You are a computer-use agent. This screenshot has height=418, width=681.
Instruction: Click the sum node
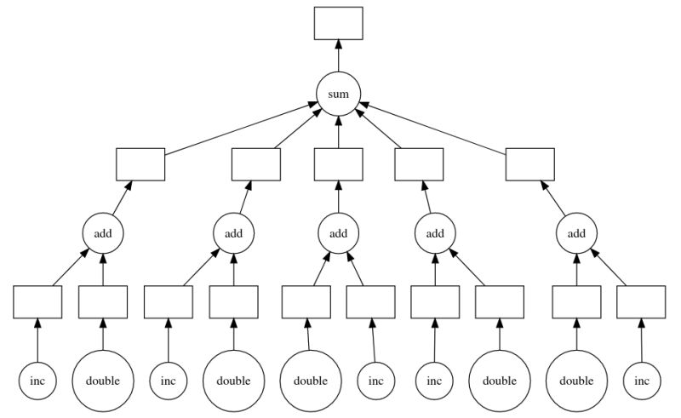coord(338,93)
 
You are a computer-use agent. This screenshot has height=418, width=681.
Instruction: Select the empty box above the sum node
coord(338,23)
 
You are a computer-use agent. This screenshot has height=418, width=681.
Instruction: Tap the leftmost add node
coord(103,232)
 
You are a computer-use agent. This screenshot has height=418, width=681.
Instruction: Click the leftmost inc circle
coord(37,381)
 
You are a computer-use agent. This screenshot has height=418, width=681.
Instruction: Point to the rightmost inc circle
coord(641,381)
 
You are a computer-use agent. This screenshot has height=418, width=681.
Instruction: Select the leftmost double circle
coord(103,381)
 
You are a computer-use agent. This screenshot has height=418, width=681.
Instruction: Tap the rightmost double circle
coord(576,381)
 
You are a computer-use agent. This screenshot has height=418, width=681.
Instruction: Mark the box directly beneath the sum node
coord(338,163)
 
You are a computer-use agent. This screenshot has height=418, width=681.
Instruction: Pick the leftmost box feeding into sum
coord(140,163)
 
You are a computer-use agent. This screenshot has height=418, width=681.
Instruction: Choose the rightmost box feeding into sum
coord(529,163)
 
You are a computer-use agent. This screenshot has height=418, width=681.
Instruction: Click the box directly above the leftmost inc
coord(37,301)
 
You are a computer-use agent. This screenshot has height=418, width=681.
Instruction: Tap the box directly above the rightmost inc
coord(641,301)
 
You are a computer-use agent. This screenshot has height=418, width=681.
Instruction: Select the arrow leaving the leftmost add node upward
coord(120,198)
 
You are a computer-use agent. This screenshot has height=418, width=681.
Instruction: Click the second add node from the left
coord(233,232)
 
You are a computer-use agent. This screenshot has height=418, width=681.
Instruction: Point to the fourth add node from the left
coord(435,232)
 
